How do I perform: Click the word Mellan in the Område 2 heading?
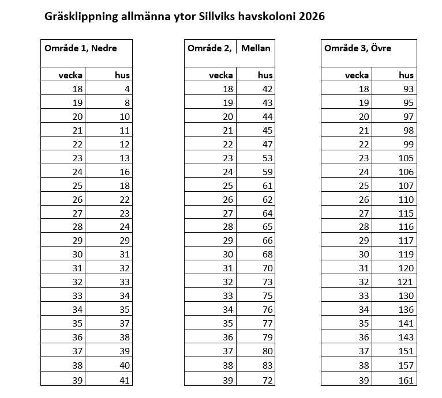point(256,48)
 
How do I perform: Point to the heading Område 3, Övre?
point(358,48)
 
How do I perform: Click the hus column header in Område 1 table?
point(123,75)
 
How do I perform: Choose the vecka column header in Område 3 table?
point(357,75)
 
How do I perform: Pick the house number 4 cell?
point(127,89)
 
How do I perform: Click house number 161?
point(406,380)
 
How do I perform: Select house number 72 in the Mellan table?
point(267,380)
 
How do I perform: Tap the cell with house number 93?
point(409,89)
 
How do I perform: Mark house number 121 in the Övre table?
point(406,282)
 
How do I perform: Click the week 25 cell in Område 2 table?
point(228,185)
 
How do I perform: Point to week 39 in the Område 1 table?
point(78,380)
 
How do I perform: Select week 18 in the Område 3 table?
point(364,89)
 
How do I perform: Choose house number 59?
point(267,172)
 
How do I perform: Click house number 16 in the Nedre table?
point(125,172)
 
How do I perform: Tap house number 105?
point(406,158)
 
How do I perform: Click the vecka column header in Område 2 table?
point(221,75)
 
